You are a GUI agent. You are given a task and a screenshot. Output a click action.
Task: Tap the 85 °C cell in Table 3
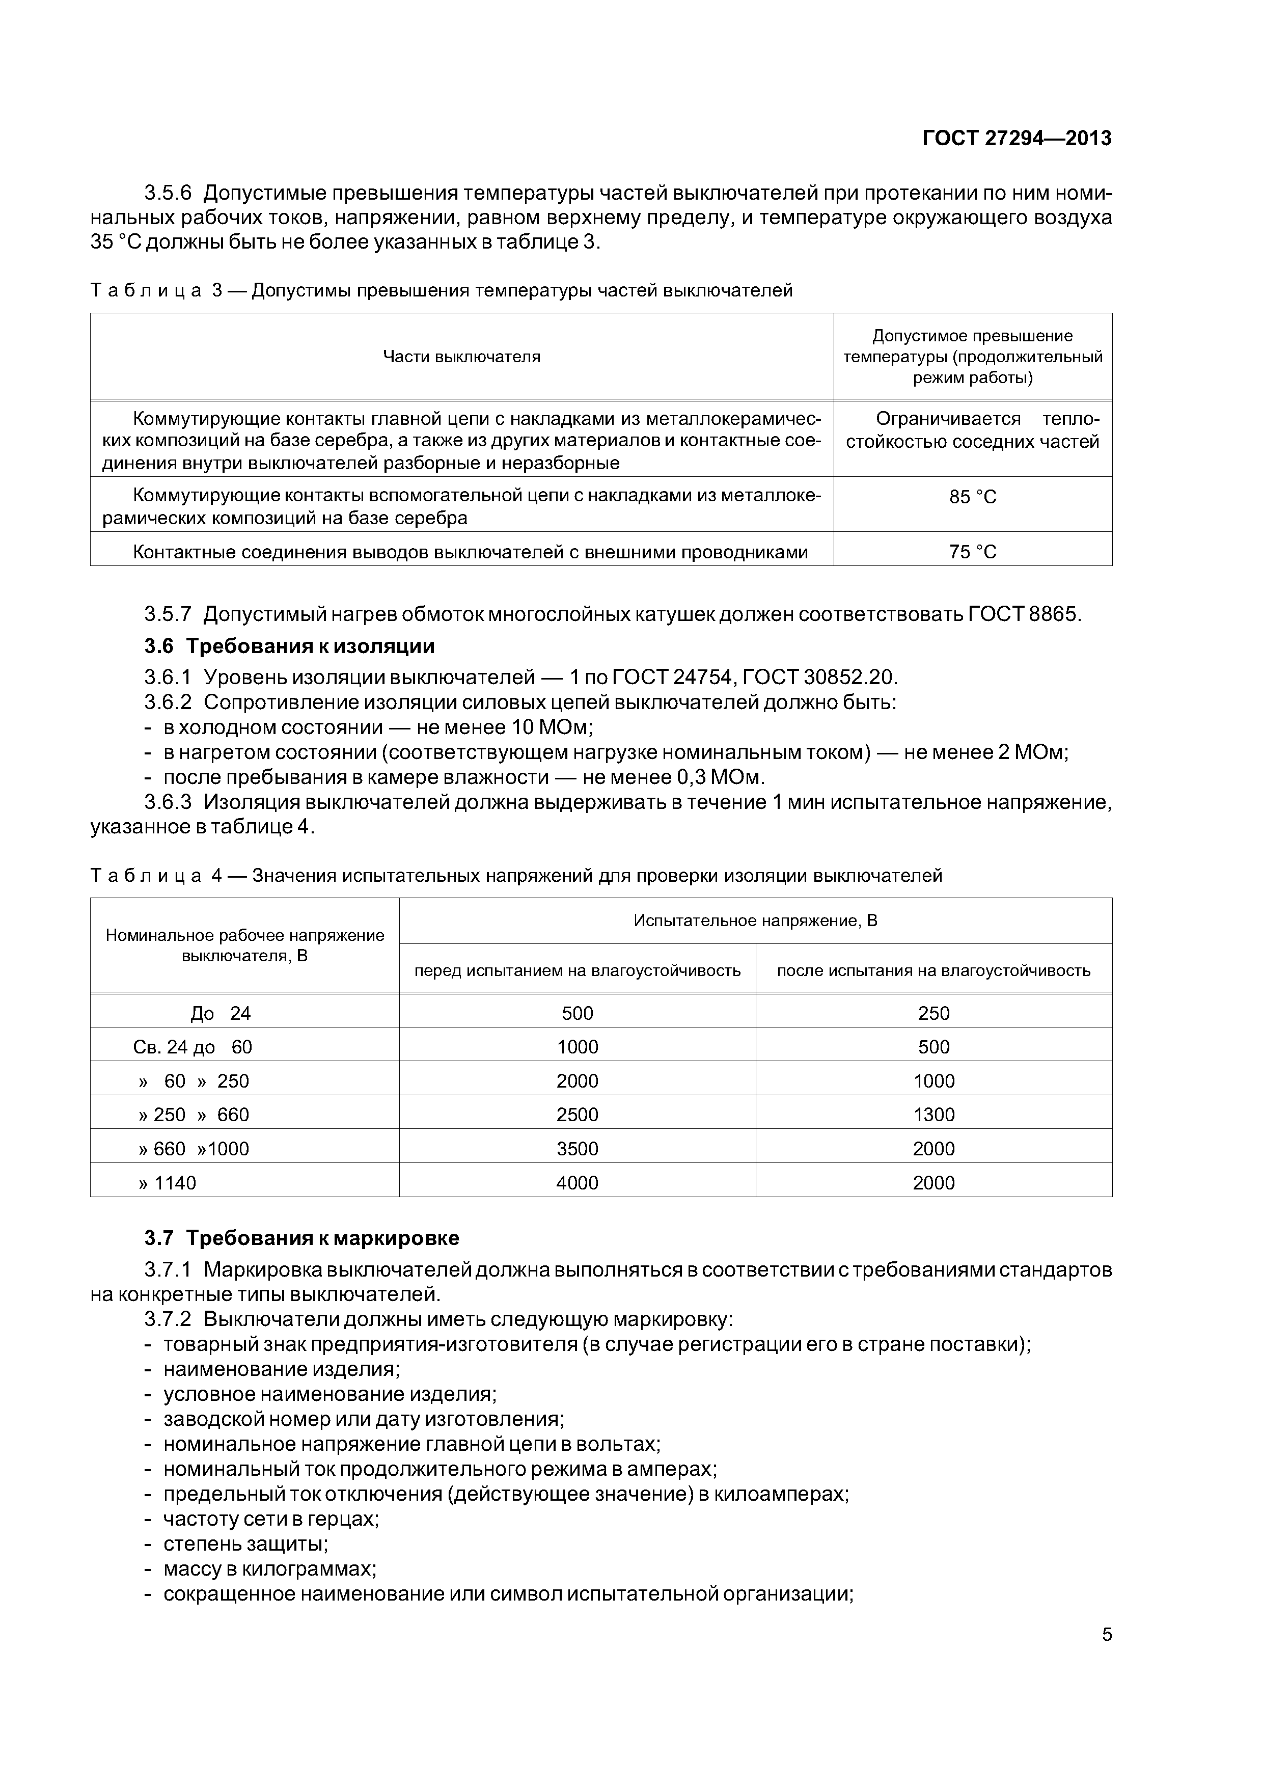[972, 497]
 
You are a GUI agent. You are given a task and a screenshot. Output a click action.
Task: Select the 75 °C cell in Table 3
[972, 552]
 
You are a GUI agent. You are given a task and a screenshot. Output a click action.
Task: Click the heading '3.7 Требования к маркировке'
[302, 1237]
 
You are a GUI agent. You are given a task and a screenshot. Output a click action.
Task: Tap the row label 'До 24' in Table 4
[220, 1013]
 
